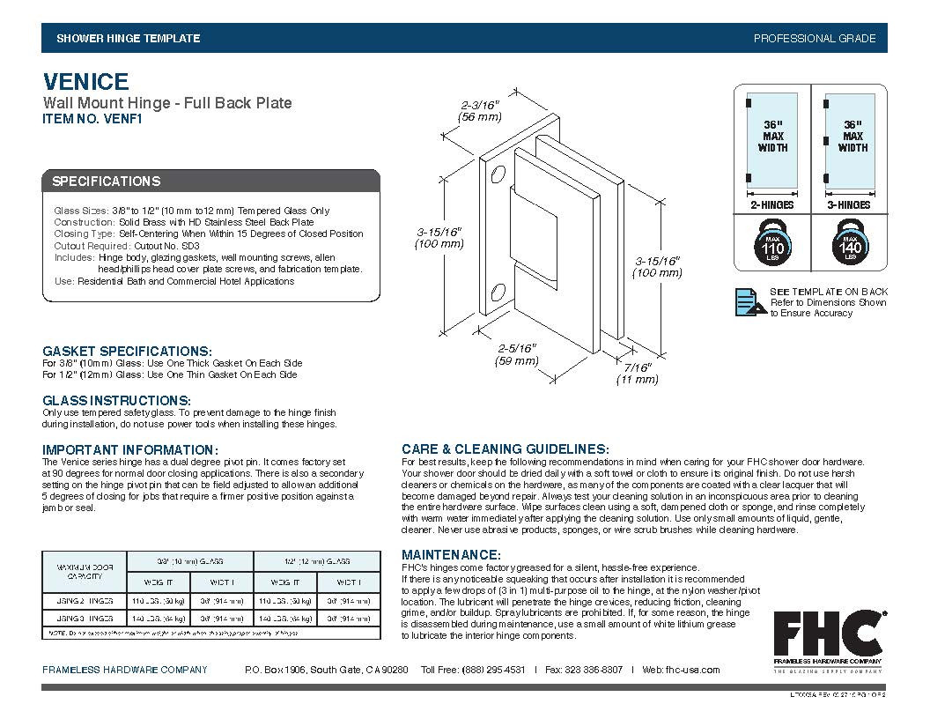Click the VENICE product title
[x=86, y=82]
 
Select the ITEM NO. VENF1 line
[x=92, y=121]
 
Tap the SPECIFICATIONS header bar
[x=211, y=182]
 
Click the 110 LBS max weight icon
[x=772, y=244]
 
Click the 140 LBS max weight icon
[x=852, y=244]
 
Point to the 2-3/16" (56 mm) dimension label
[x=480, y=110]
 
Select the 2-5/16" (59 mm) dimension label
[x=516, y=355]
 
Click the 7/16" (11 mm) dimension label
[x=637, y=373]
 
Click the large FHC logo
[x=829, y=631]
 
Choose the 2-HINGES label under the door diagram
[x=771, y=205]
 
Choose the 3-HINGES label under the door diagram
[x=852, y=205]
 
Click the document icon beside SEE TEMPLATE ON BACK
[x=748, y=301]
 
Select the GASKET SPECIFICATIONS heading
[x=127, y=351]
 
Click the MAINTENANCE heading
[x=451, y=555]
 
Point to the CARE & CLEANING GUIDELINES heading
[x=505, y=449]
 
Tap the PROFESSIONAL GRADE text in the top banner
[x=814, y=39]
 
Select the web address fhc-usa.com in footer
[x=693, y=670]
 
